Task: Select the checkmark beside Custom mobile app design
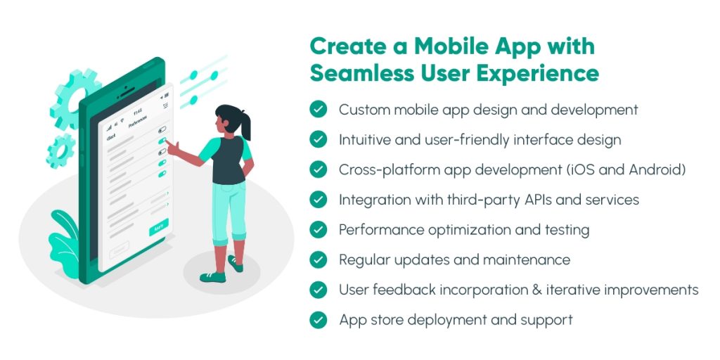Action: coord(319,110)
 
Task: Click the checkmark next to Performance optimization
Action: coord(319,230)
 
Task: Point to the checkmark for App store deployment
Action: coord(319,320)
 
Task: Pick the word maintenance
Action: coord(527,259)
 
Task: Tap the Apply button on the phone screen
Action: coord(159,229)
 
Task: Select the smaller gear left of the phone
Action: coord(60,150)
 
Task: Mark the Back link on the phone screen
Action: coord(110,137)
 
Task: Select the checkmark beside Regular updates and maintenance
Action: coord(319,259)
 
